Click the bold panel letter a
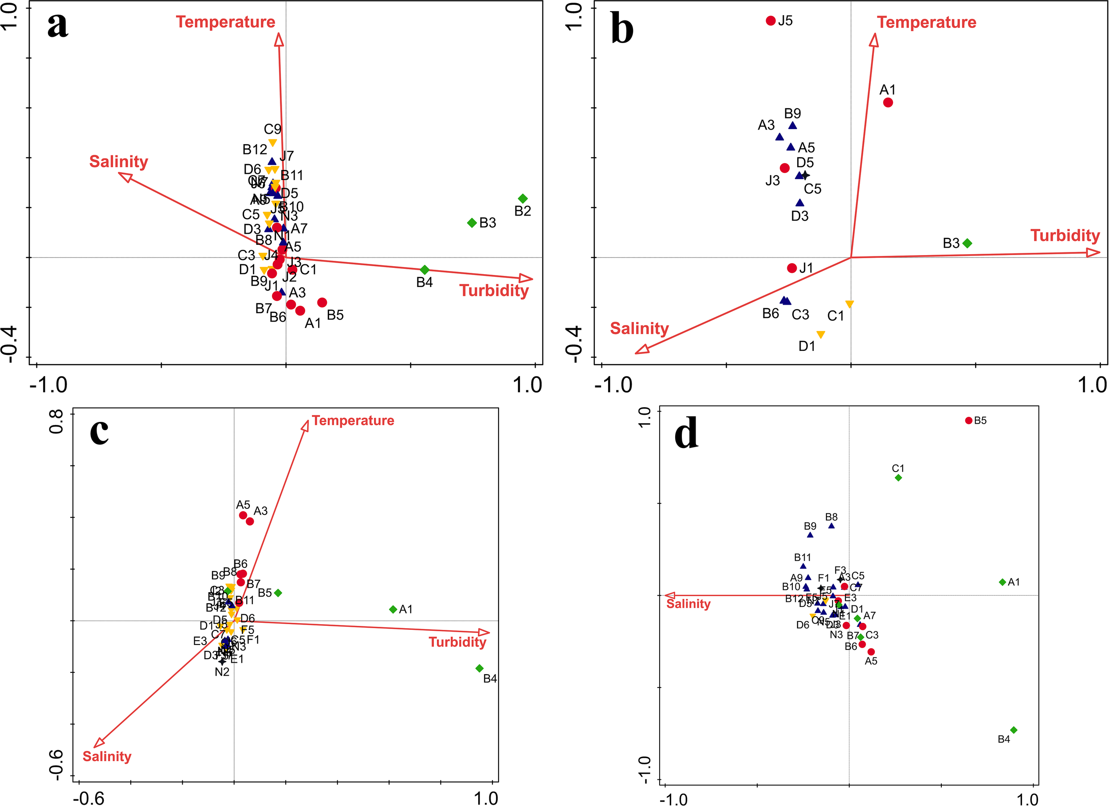click(58, 25)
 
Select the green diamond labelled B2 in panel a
click(523, 199)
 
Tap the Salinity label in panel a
click(118, 161)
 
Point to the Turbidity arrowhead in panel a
click(527, 279)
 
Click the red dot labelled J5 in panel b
click(771, 20)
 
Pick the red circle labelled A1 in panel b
click(888, 102)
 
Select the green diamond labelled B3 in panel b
click(967, 243)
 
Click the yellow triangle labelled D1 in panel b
click(821, 334)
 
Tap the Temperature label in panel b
click(926, 23)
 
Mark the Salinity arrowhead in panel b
click(641, 349)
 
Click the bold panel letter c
click(99, 431)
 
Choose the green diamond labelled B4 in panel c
click(479, 668)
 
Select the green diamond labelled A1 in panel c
click(393, 609)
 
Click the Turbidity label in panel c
click(457, 642)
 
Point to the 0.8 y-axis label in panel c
click(57, 421)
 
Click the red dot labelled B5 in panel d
click(969, 421)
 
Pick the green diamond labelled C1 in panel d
click(898, 478)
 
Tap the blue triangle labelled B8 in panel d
click(831, 526)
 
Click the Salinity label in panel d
click(688, 604)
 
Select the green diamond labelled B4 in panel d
click(1014, 730)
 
